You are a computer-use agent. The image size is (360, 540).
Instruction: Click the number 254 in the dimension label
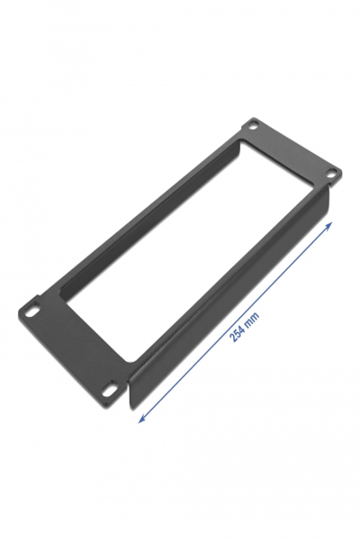[x=237, y=330]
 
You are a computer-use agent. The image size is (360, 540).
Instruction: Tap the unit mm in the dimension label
[x=253, y=315]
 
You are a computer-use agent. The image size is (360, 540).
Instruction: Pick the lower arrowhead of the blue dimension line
[x=140, y=418]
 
